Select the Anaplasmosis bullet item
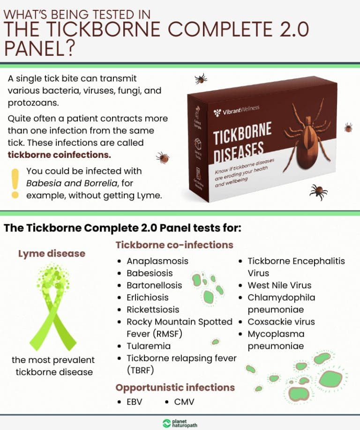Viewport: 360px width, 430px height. pyautogui.click(x=157, y=261)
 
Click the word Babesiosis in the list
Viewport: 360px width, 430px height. pyautogui.click(x=150, y=273)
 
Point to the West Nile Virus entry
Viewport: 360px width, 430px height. pyautogui.click(x=279, y=285)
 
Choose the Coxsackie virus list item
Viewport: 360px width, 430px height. pyautogui.click(x=281, y=322)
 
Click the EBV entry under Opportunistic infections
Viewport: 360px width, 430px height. pyautogui.click(x=134, y=402)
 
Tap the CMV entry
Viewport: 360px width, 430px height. pyautogui.click(x=184, y=402)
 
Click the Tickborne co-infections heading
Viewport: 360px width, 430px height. pyautogui.click(x=174, y=245)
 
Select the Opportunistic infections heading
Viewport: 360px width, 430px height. pyautogui.click(x=175, y=387)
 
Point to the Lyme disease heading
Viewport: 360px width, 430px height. pyautogui.click(x=52, y=253)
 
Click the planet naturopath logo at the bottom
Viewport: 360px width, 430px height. pyautogui.click(x=180, y=423)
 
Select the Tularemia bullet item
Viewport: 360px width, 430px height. pyautogui.click(x=148, y=346)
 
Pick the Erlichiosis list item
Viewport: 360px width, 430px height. pyautogui.click(x=147, y=297)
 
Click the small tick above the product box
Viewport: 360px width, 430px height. pyautogui.click(x=201, y=78)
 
